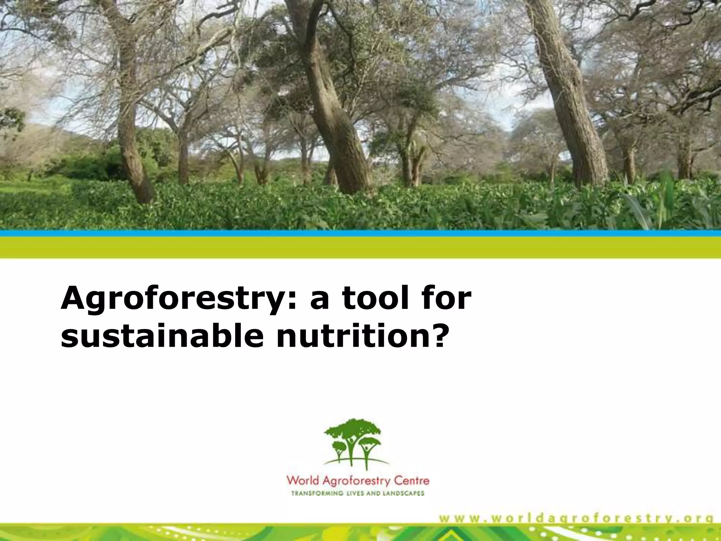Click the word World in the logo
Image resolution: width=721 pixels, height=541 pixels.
pos(302,480)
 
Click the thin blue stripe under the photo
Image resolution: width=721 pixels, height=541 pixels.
pos(360,233)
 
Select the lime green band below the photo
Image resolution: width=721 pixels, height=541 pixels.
pos(360,247)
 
